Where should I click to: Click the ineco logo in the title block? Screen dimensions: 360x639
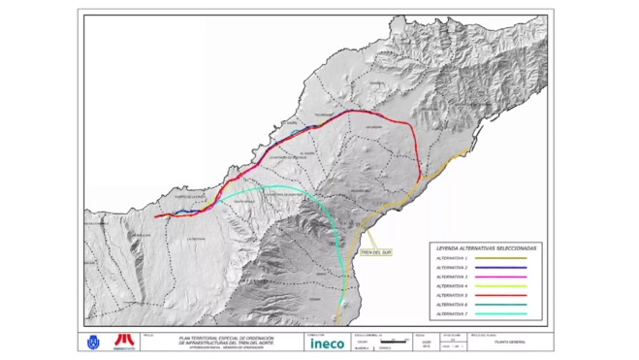(326, 343)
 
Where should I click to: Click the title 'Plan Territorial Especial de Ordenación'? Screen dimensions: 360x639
(226, 337)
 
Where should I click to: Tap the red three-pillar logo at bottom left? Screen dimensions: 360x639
(123, 342)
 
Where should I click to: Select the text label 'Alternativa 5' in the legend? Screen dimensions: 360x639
(452, 296)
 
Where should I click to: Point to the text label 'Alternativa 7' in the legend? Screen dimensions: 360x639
(452, 314)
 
